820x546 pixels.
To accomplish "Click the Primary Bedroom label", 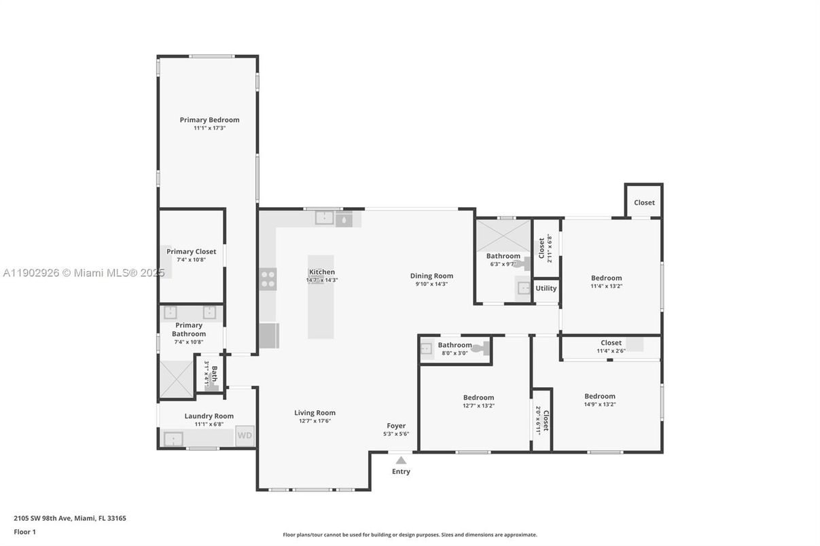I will pyautogui.click(x=209, y=120).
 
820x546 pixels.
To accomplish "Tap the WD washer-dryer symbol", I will pyautogui.click(x=245, y=435).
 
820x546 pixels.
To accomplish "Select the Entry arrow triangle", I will pyautogui.click(x=401, y=460).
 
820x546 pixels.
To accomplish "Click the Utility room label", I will pyautogui.click(x=546, y=289).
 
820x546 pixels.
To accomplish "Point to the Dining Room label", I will pyautogui.click(x=431, y=276).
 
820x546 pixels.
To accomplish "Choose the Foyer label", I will pyautogui.click(x=396, y=426).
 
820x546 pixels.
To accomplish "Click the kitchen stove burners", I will pyautogui.click(x=268, y=278).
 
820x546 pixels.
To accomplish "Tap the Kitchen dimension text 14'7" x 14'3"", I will pyautogui.click(x=321, y=280).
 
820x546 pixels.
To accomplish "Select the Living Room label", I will pyautogui.click(x=315, y=413).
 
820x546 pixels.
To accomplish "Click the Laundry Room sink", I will pyautogui.click(x=174, y=439).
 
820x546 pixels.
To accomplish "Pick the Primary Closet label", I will pyautogui.click(x=191, y=251).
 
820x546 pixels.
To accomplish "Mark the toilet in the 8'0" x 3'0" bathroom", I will pyautogui.click(x=480, y=348).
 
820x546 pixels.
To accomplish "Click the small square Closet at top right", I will pyautogui.click(x=644, y=202).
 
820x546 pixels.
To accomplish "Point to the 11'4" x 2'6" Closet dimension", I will pyautogui.click(x=611, y=350).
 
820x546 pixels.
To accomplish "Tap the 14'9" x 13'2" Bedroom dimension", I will pyautogui.click(x=600, y=404).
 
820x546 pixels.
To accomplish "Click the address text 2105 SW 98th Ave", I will pyautogui.click(x=70, y=518).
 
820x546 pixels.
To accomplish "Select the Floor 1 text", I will pyautogui.click(x=24, y=532).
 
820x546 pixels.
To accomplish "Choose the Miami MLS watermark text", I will pyautogui.click(x=84, y=273).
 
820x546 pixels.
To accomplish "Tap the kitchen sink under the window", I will pyautogui.click(x=325, y=218).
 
